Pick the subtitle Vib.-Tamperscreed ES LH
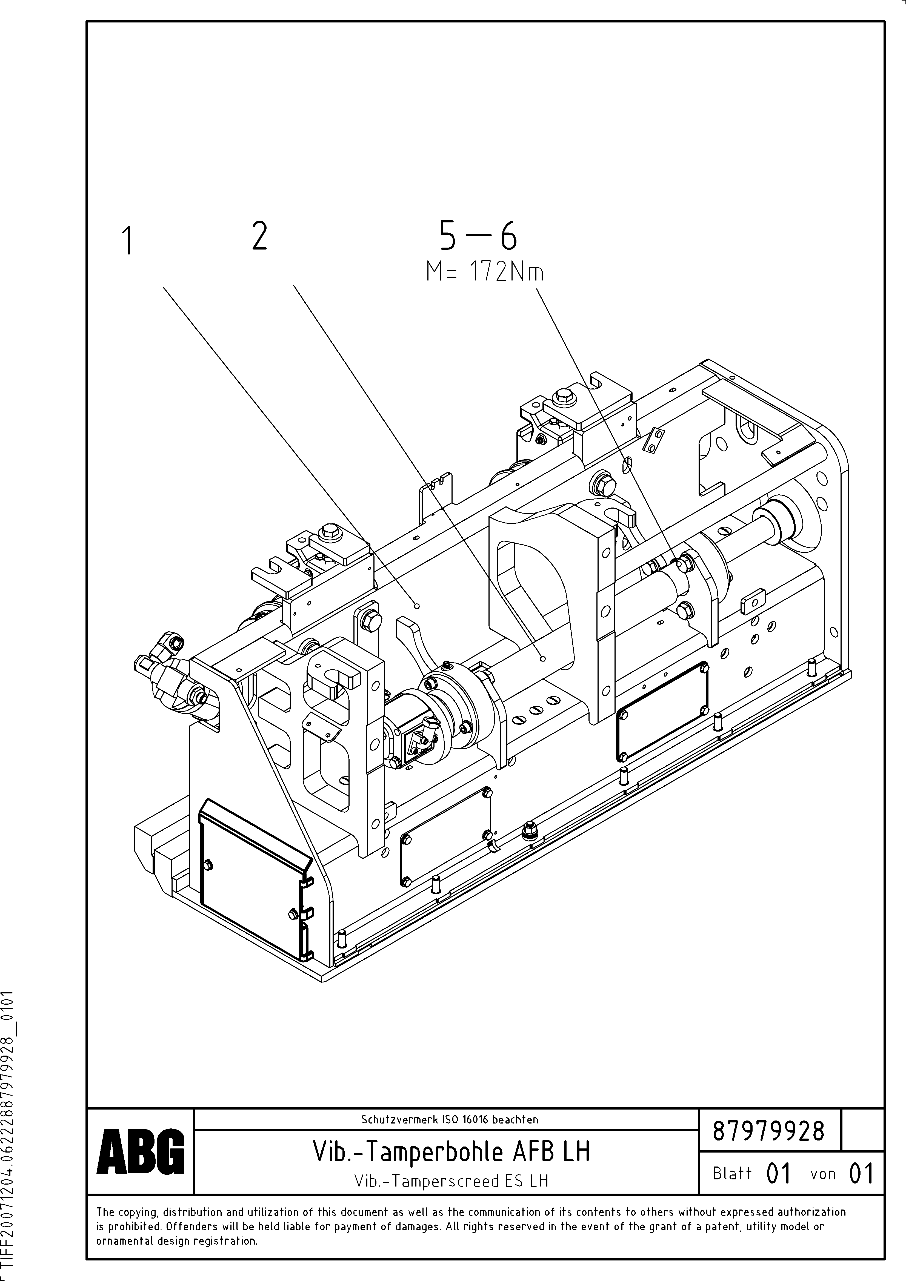coord(451,1180)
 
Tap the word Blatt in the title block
coord(732,1173)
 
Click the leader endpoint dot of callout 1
coord(416,605)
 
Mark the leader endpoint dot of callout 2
coord(543,659)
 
